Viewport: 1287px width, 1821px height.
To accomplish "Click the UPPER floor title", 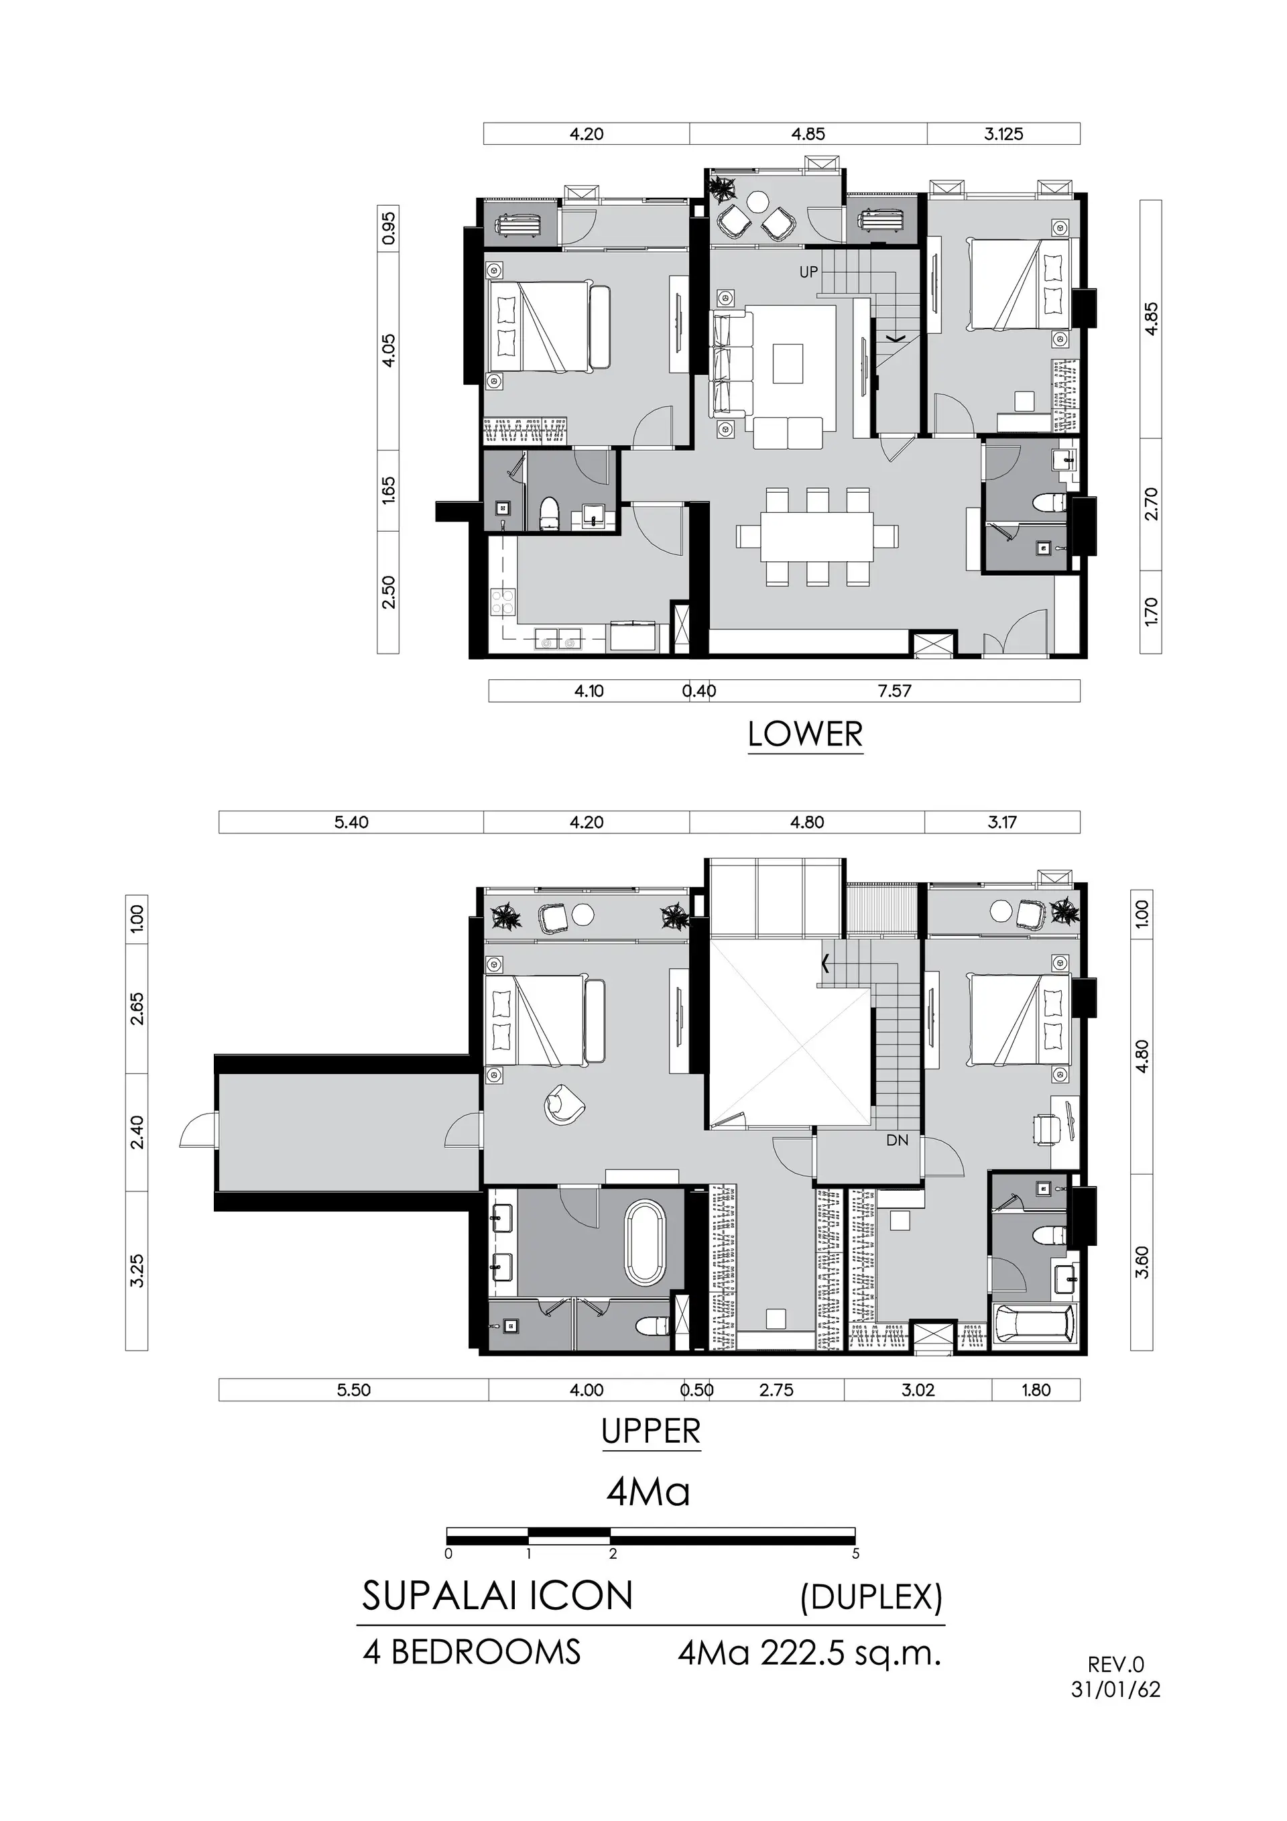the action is (651, 1431).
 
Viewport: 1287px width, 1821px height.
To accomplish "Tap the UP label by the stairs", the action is (808, 272).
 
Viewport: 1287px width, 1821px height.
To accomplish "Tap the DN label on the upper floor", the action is (898, 1140).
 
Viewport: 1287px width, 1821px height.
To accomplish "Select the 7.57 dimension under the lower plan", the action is (894, 691).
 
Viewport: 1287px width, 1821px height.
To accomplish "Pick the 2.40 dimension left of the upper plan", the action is (137, 1132).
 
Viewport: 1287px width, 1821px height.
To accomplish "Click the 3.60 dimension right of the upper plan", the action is (1142, 1262).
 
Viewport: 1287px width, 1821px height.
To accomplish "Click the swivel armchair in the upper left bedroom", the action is (563, 1104).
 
